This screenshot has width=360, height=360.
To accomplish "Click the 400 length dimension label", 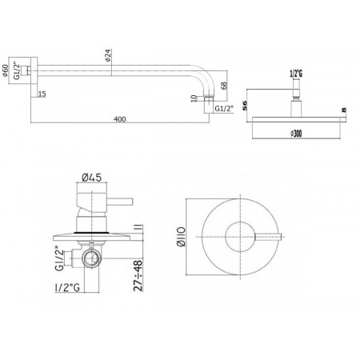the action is tap(120, 119).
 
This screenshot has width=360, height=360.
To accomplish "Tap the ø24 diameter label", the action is tap(108, 55).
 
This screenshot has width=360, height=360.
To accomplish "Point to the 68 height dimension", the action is tap(224, 86).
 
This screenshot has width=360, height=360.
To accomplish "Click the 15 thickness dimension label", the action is tap(42, 94).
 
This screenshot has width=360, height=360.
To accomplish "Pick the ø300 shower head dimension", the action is tap(296, 133).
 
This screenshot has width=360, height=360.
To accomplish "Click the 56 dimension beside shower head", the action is tap(245, 106).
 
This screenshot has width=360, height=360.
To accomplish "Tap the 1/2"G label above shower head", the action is tap(296, 74).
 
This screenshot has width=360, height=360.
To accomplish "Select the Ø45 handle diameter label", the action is tap(92, 178).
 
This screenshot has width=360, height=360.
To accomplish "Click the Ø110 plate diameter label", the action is tap(181, 237).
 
